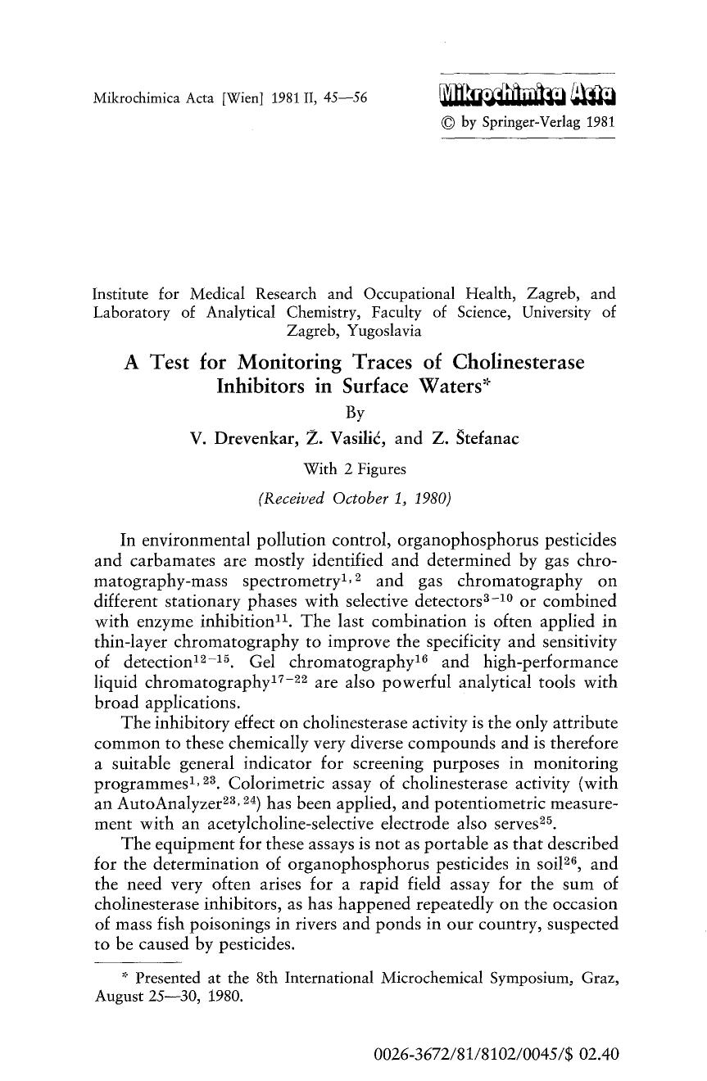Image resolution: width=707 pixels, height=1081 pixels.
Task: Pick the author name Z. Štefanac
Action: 474,438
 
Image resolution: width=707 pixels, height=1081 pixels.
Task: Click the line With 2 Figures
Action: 354,469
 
